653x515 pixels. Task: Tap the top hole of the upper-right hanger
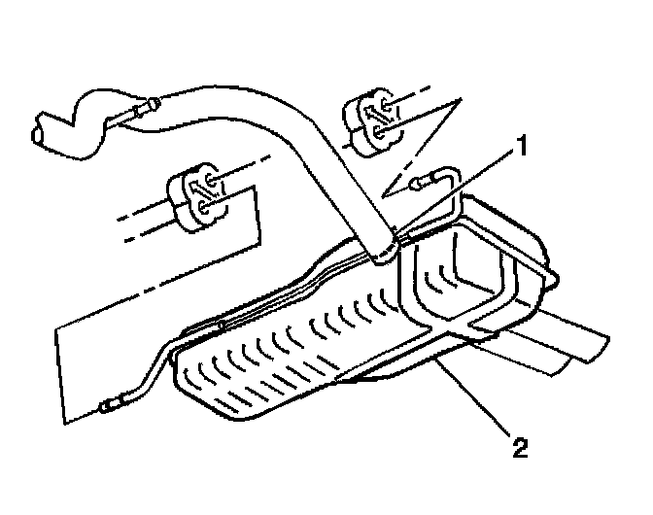click(x=382, y=103)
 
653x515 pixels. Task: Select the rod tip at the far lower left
click(x=107, y=409)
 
